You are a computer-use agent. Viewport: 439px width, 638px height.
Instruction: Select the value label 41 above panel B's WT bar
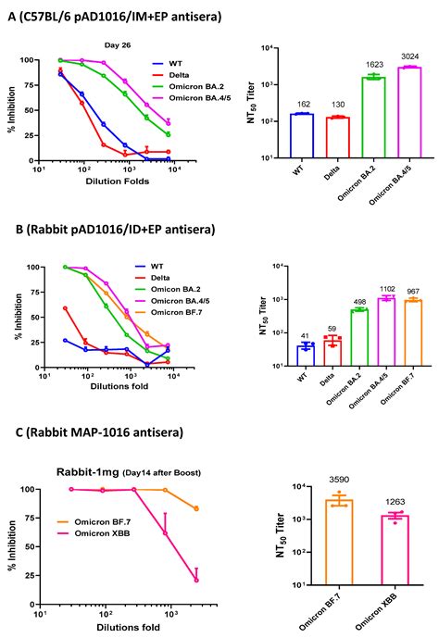pos(304,335)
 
